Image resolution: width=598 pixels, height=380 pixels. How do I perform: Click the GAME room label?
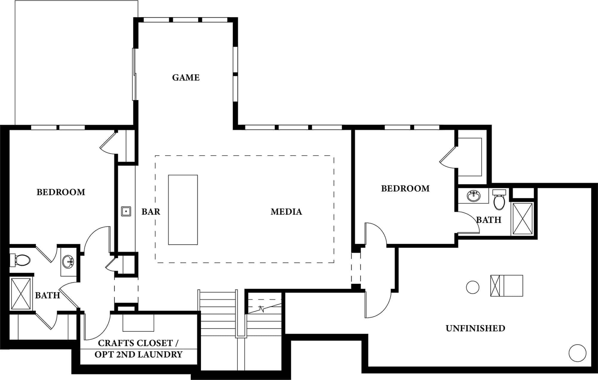click(x=186, y=78)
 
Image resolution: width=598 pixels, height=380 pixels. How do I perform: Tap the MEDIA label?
click(x=286, y=212)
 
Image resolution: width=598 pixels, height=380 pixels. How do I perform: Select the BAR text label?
click(x=151, y=212)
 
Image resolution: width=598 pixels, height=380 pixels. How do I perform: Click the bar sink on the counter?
click(x=126, y=211)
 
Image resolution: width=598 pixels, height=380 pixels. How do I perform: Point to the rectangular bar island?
click(x=183, y=210)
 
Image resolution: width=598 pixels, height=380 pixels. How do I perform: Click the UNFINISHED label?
click(x=475, y=328)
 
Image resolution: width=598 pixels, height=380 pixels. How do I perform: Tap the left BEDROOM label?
click(x=61, y=192)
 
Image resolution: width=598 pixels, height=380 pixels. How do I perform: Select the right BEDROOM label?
click(x=405, y=189)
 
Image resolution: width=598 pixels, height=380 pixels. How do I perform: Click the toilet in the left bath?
click(x=20, y=260)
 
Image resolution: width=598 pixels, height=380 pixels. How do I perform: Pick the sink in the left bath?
click(x=68, y=262)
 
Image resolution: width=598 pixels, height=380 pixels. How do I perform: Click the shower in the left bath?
click(x=21, y=294)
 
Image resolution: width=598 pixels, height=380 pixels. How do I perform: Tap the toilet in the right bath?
click(x=499, y=199)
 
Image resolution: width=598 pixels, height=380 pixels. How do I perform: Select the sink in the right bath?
click(x=474, y=196)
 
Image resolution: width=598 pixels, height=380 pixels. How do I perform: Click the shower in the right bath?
click(x=522, y=219)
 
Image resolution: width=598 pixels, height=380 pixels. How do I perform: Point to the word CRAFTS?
click(x=115, y=343)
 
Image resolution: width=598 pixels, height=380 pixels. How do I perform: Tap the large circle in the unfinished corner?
click(x=577, y=353)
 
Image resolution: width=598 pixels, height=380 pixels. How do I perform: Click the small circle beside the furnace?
click(x=473, y=287)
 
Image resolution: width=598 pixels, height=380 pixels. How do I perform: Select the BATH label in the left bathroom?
click(x=48, y=295)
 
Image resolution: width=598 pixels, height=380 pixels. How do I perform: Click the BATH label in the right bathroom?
click(x=489, y=220)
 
